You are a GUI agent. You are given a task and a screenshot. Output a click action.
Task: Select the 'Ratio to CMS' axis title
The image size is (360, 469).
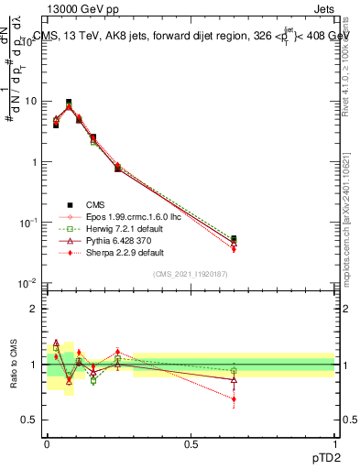16,365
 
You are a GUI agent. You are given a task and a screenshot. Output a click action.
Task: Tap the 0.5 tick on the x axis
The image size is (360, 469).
191,444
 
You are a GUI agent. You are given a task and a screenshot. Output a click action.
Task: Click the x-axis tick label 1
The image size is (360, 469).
334,444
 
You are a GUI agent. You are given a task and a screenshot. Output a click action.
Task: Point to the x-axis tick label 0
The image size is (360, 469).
47,444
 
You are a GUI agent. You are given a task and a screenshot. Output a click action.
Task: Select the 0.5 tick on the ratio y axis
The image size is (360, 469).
30,420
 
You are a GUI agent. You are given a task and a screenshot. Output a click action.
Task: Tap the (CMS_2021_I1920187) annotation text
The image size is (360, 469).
190,273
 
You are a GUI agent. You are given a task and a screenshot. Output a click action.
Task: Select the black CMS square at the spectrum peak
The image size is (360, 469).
69,103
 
